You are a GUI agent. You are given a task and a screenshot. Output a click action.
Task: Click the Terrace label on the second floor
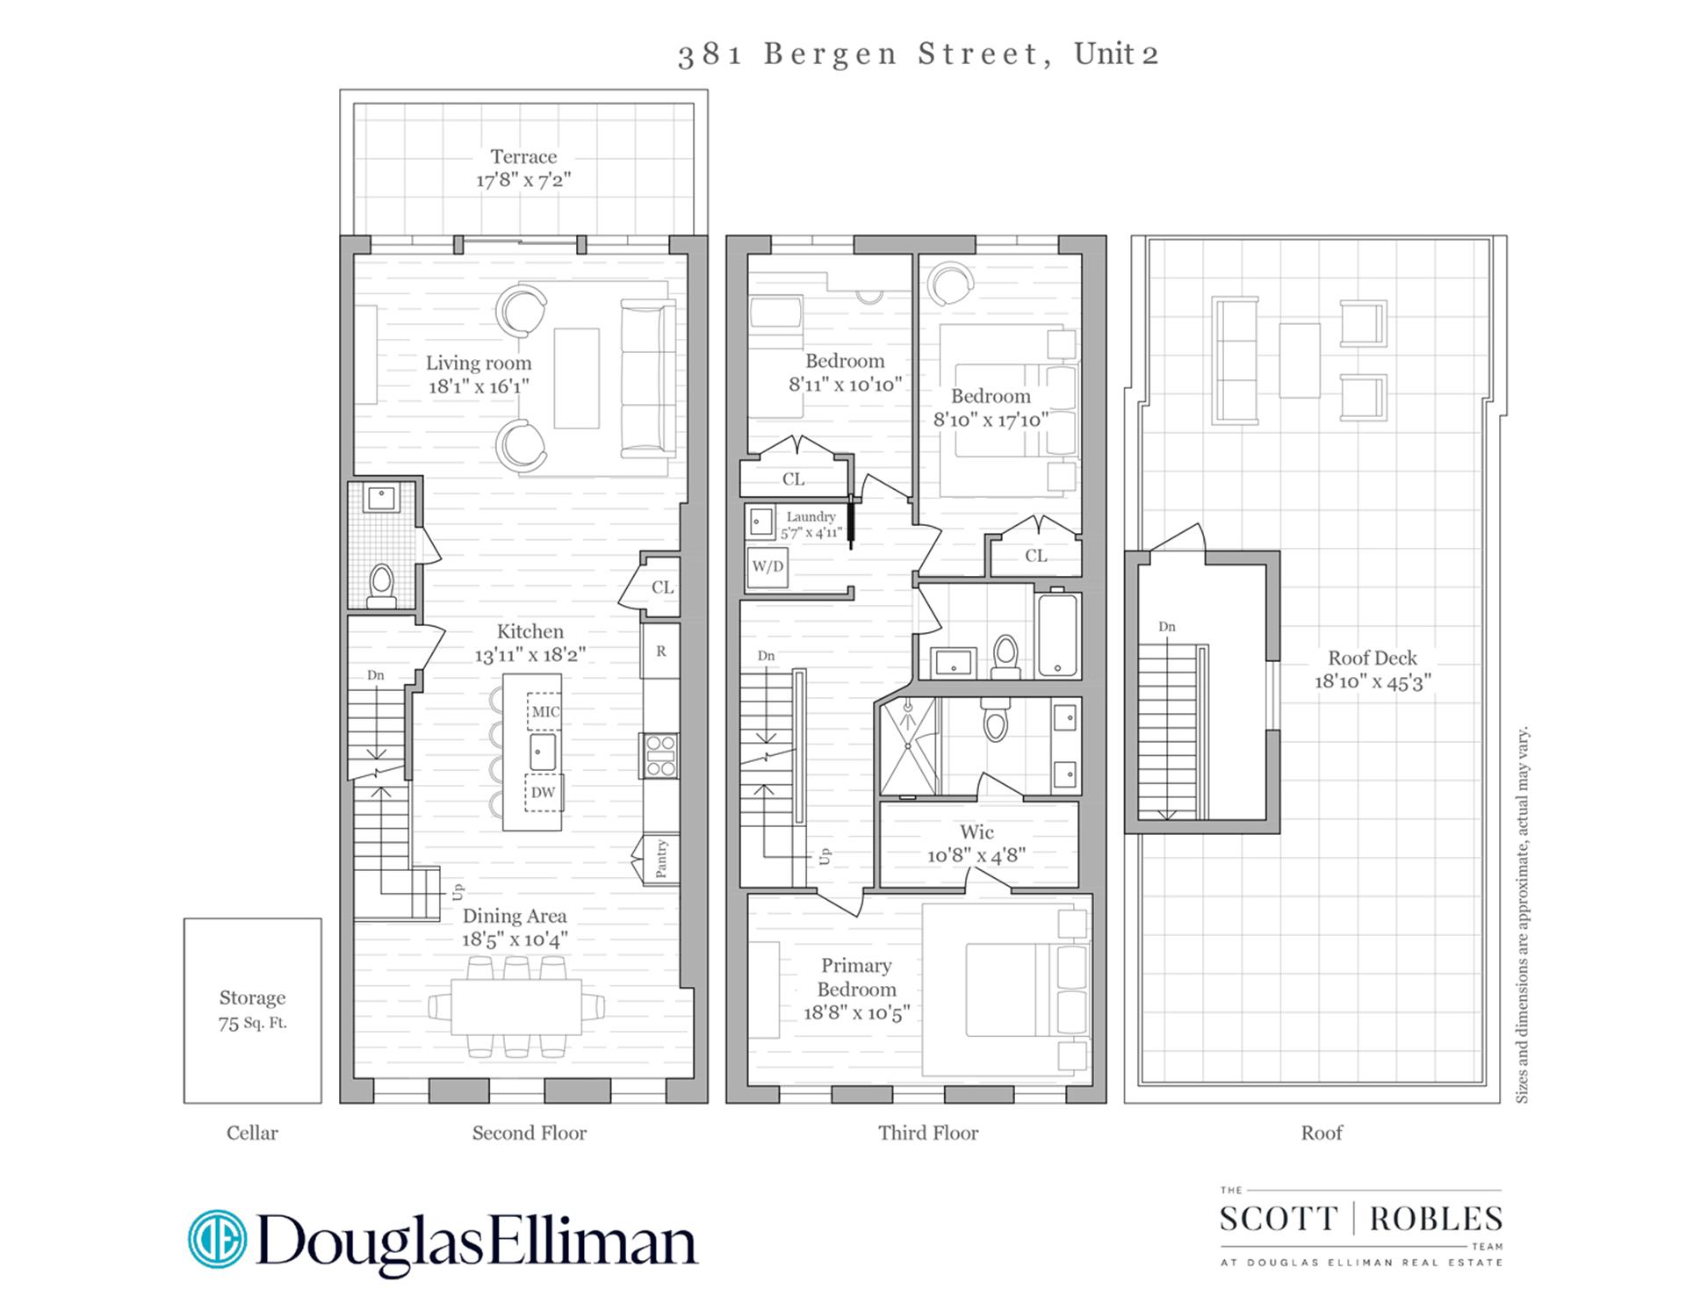tap(523, 157)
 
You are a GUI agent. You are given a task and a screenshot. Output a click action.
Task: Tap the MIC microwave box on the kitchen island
tap(544, 711)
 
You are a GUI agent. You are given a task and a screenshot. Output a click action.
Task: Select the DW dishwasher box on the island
tap(544, 792)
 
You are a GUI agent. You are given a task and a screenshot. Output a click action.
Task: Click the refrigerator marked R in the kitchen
tap(660, 651)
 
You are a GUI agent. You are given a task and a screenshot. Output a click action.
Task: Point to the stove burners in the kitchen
tap(659, 755)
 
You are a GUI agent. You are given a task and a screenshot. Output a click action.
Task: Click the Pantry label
tap(661, 859)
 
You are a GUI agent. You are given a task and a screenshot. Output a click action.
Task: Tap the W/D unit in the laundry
tap(767, 566)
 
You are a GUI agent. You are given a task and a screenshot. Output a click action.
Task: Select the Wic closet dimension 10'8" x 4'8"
tap(976, 855)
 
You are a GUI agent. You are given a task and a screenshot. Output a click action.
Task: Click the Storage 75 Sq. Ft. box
tap(252, 1010)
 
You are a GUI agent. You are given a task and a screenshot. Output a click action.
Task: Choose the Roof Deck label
tap(1372, 658)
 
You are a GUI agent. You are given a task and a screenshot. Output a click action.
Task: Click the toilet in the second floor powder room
tap(381, 583)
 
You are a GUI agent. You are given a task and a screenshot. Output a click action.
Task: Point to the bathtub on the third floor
tap(1057, 634)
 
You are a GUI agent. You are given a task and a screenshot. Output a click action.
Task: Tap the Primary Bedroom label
tap(856, 977)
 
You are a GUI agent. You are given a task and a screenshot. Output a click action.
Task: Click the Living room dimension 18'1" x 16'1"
tap(479, 386)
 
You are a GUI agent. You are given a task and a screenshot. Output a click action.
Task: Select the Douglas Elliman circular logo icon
tap(218, 1239)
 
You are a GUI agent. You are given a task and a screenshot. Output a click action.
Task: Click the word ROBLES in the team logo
tap(1435, 1219)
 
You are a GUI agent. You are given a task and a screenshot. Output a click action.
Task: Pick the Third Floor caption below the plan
tap(928, 1133)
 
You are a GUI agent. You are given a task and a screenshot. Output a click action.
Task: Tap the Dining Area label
tap(515, 916)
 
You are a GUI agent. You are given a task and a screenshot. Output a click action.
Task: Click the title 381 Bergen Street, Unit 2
tap(919, 54)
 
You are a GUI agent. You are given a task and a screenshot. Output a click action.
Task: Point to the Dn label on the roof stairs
tap(1166, 627)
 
